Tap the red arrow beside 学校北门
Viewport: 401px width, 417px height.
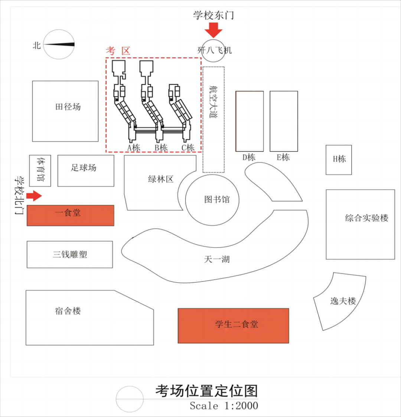tap(34, 195)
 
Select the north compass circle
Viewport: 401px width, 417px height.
tap(59, 44)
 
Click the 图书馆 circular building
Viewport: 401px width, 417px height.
tap(212, 200)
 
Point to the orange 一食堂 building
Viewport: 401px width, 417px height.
tap(70, 215)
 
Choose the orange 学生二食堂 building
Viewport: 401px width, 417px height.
tap(233, 325)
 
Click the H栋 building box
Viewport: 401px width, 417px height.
tap(339, 159)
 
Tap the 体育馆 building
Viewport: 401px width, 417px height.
tap(40, 171)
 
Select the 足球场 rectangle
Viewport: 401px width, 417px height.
tap(85, 171)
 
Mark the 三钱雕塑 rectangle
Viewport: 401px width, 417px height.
tap(70, 255)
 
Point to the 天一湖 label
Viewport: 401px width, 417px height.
tap(217, 259)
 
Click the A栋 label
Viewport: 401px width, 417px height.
tap(134, 148)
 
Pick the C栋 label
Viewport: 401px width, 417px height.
tap(188, 148)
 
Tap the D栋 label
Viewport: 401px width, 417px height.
tap(249, 158)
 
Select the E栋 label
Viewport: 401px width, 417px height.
tap(283, 158)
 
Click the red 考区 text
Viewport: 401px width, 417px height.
tap(118, 51)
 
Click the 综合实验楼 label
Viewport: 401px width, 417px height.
tap(366, 218)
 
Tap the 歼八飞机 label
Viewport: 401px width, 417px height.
tap(215, 50)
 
